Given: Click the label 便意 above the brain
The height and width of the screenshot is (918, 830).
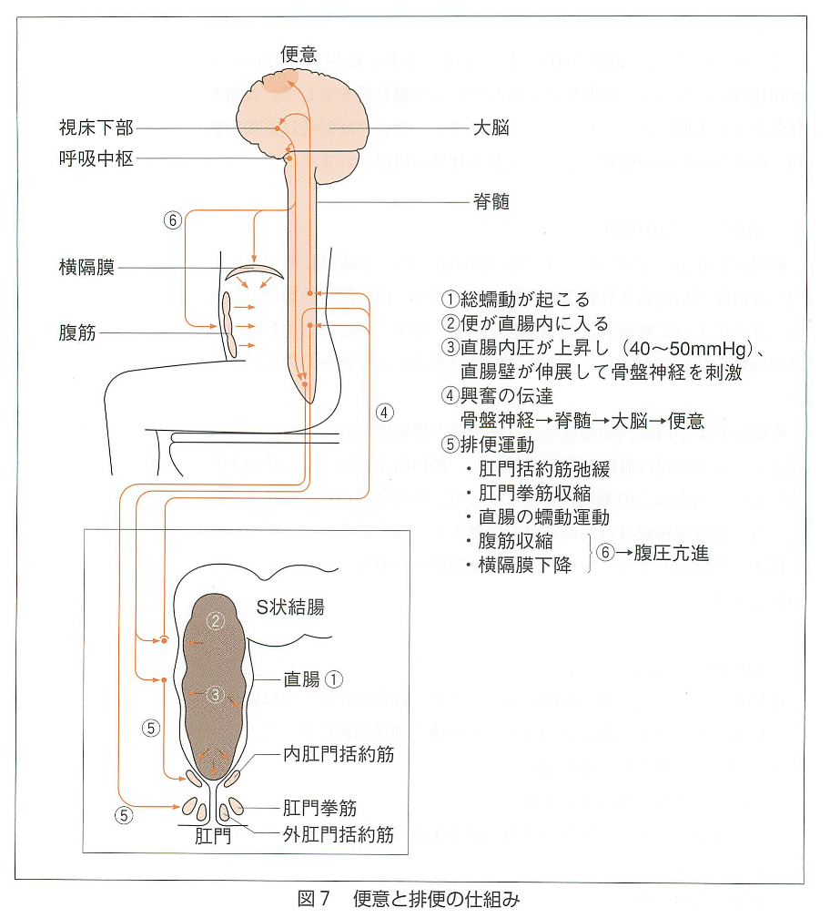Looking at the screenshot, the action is tap(299, 55).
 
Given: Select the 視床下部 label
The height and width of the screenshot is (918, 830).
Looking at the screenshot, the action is tap(96, 127).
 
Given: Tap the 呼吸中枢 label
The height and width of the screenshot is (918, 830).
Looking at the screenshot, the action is tap(96, 158).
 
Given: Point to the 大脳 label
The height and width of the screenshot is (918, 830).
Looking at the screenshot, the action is tap(491, 127).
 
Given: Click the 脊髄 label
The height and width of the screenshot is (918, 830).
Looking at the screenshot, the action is tap(491, 202).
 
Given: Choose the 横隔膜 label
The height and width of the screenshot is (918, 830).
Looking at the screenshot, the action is tap(86, 268).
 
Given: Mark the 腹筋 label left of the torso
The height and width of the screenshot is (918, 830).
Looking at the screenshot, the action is tap(77, 332).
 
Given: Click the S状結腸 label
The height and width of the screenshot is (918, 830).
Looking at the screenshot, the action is tap(290, 607).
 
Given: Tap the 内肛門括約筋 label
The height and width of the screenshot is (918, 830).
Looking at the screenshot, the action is tap(339, 754).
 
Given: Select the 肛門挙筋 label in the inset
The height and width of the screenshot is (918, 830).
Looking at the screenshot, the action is tap(319, 808).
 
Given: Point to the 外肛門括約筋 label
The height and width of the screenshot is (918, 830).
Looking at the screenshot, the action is tap(339, 834).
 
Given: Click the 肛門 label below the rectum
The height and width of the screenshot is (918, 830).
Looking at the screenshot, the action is tap(212, 836).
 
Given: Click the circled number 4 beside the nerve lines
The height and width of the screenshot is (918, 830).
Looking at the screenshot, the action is tap(384, 413).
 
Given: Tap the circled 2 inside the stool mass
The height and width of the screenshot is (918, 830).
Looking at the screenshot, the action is tap(216, 620).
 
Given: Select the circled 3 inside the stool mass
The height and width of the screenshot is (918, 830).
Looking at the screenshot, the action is tap(216, 695).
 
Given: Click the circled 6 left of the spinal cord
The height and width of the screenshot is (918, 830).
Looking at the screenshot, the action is tap(173, 220).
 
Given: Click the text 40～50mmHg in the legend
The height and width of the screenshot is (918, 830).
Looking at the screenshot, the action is tap(687, 349).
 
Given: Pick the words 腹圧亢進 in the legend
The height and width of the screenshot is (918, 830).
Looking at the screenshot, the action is tap(671, 553).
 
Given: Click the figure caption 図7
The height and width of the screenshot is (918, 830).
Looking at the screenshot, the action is tap(313, 899).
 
